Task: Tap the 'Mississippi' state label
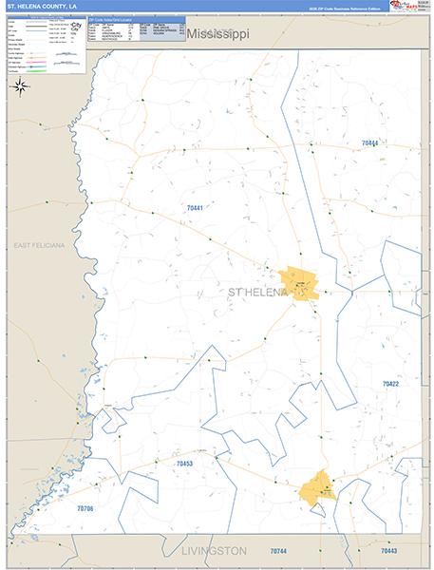click(x=217, y=34)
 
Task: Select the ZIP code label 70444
click(x=369, y=143)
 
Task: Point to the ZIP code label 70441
click(x=195, y=207)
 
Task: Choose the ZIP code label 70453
click(x=184, y=464)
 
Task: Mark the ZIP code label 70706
click(x=85, y=509)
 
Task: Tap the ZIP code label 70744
click(x=277, y=551)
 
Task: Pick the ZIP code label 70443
click(x=388, y=551)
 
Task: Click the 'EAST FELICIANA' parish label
click(x=39, y=245)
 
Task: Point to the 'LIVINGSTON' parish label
click(x=214, y=551)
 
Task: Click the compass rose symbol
click(x=20, y=86)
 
